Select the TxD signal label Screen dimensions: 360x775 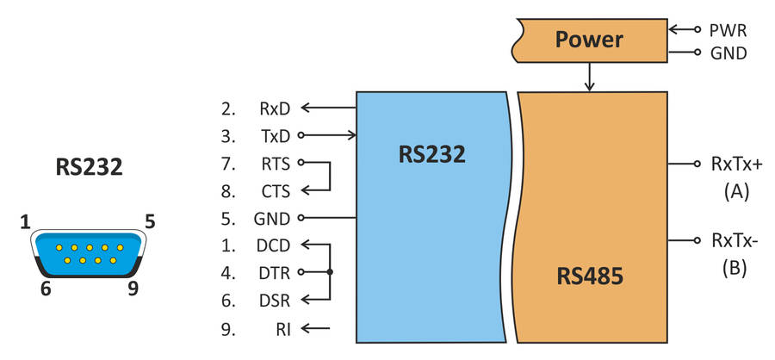click(x=275, y=135)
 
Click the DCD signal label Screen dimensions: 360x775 click(x=275, y=245)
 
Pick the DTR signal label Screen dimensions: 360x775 click(x=275, y=272)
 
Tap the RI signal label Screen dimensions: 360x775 click(x=282, y=327)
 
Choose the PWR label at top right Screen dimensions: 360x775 click(x=728, y=30)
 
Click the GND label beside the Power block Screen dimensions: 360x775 click(x=728, y=53)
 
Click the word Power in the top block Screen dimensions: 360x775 click(x=588, y=40)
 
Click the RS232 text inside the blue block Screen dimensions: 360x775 click(x=431, y=154)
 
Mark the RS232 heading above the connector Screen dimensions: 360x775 click(x=88, y=166)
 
